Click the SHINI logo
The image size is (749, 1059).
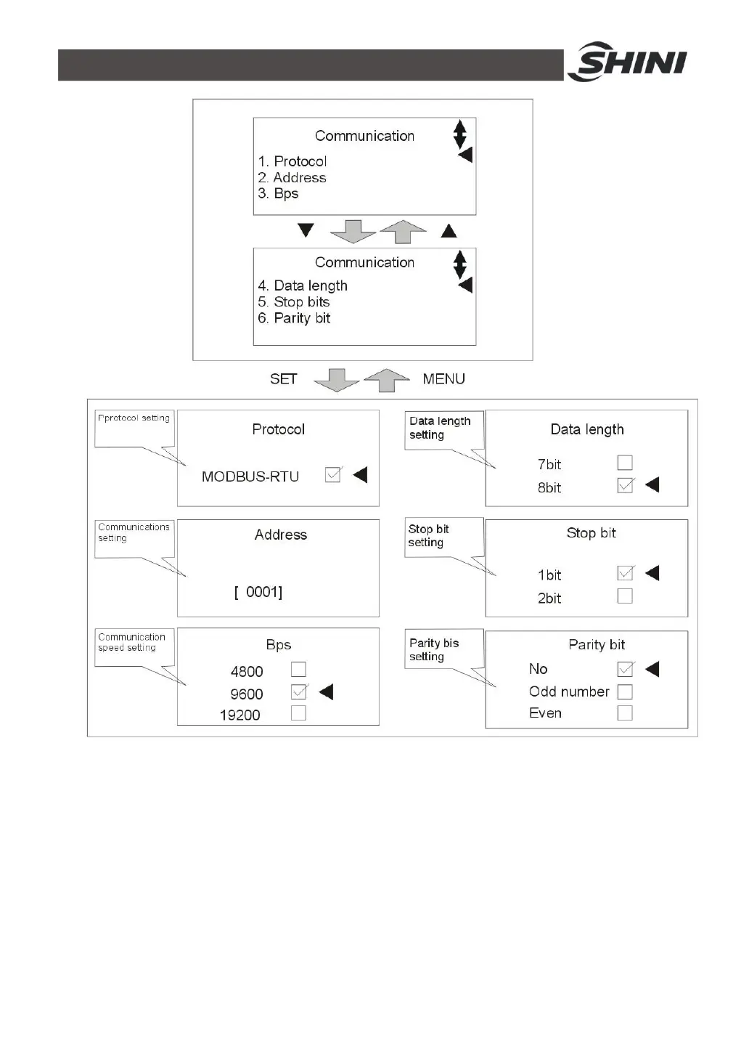(x=628, y=62)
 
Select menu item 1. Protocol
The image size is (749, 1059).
(x=292, y=161)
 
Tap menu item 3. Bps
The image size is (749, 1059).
(x=278, y=193)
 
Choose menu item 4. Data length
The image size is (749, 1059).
(x=303, y=285)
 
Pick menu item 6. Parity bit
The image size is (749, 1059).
(x=294, y=317)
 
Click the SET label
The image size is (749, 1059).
(x=283, y=378)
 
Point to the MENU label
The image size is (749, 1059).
(x=443, y=378)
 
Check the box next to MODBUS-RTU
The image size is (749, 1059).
(x=333, y=475)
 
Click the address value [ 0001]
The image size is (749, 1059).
(x=258, y=592)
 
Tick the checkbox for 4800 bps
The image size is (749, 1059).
(x=298, y=669)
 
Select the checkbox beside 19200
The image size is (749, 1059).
(x=298, y=713)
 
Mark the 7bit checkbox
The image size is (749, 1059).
(x=624, y=463)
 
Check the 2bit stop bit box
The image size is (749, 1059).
(x=624, y=596)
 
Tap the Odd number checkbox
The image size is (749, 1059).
(x=624, y=691)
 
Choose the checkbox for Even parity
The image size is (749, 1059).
(x=624, y=713)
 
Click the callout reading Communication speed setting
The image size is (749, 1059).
(x=133, y=643)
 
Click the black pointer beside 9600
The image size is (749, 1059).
(x=327, y=691)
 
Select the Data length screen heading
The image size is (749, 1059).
(x=586, y=429)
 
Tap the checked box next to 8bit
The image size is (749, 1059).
(x=624, y=485)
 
